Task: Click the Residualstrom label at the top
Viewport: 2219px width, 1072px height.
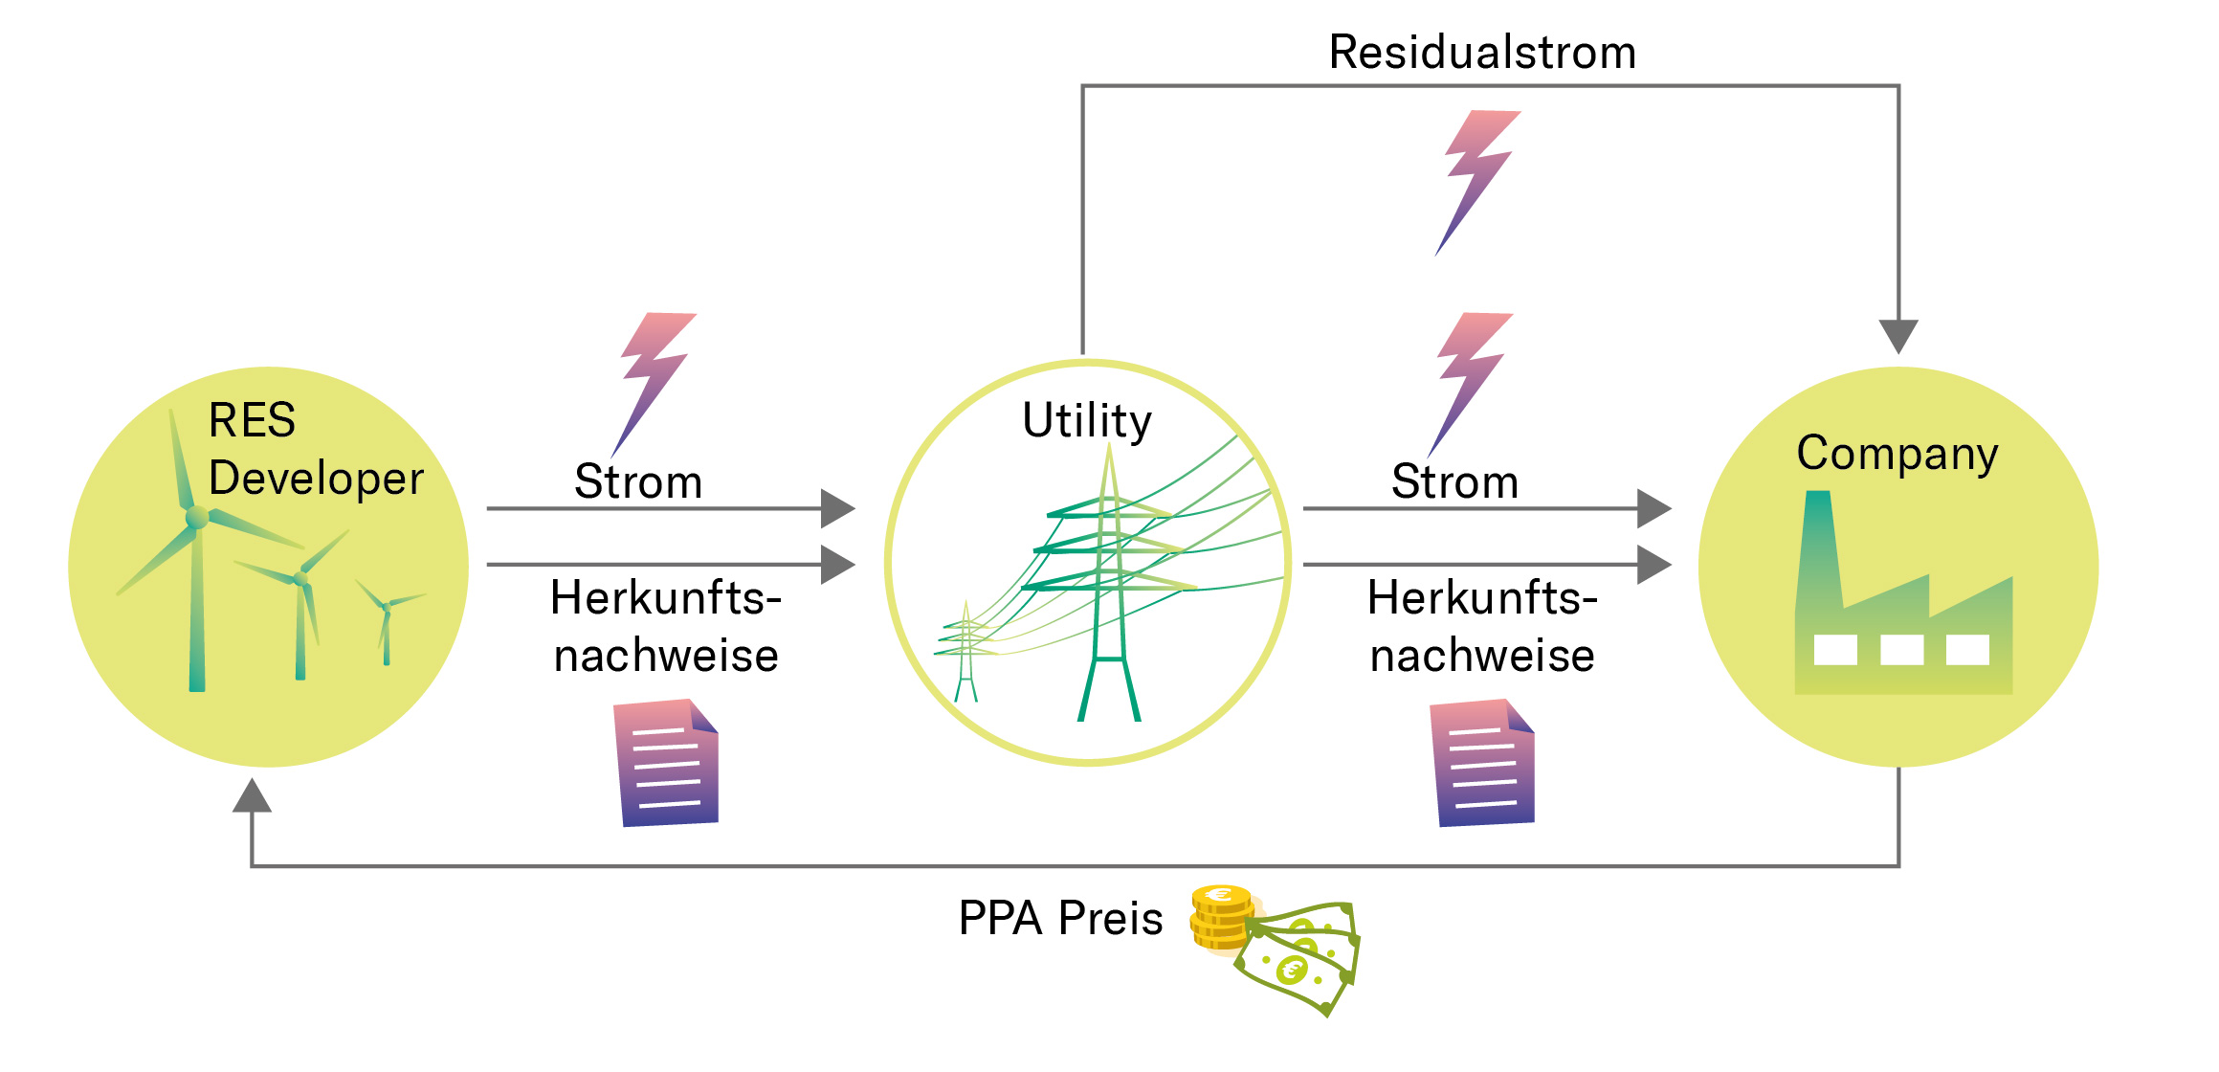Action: (x=1481, y=53)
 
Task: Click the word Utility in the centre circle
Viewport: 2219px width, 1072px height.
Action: (x=1086, y=421)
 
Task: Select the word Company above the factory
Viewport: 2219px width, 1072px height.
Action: (x=1897, y=454)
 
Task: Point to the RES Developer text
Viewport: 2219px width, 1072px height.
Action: (x=314, y=449)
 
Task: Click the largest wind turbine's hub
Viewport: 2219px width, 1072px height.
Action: (x=197, y=518)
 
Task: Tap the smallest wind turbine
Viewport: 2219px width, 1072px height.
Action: (x=387, y=622)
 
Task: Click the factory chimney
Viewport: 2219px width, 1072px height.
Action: (x=1818, y=546)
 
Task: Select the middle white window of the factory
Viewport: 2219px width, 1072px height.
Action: (x=1901, y=650)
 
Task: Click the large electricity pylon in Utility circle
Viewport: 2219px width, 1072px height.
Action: (x=1110, y=584)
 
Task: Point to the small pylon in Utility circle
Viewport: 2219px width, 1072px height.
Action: (x=966, y=651)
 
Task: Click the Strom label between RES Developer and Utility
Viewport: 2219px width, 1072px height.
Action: (x=638, y=481)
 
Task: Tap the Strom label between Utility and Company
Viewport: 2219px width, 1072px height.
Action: (x=1454, y=481)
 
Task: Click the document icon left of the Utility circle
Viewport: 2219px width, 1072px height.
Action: (x=667, y=763)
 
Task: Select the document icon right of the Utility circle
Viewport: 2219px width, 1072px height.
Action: (x=1483, y=763)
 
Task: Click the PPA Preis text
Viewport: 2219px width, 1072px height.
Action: (x=1060, y=919)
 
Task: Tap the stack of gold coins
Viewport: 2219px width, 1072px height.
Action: (x=1220, y=917)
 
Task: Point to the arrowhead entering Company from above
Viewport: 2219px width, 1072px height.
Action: (x=1898, y=335)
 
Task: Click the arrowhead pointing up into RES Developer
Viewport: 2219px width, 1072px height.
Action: (x=252, y=796)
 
